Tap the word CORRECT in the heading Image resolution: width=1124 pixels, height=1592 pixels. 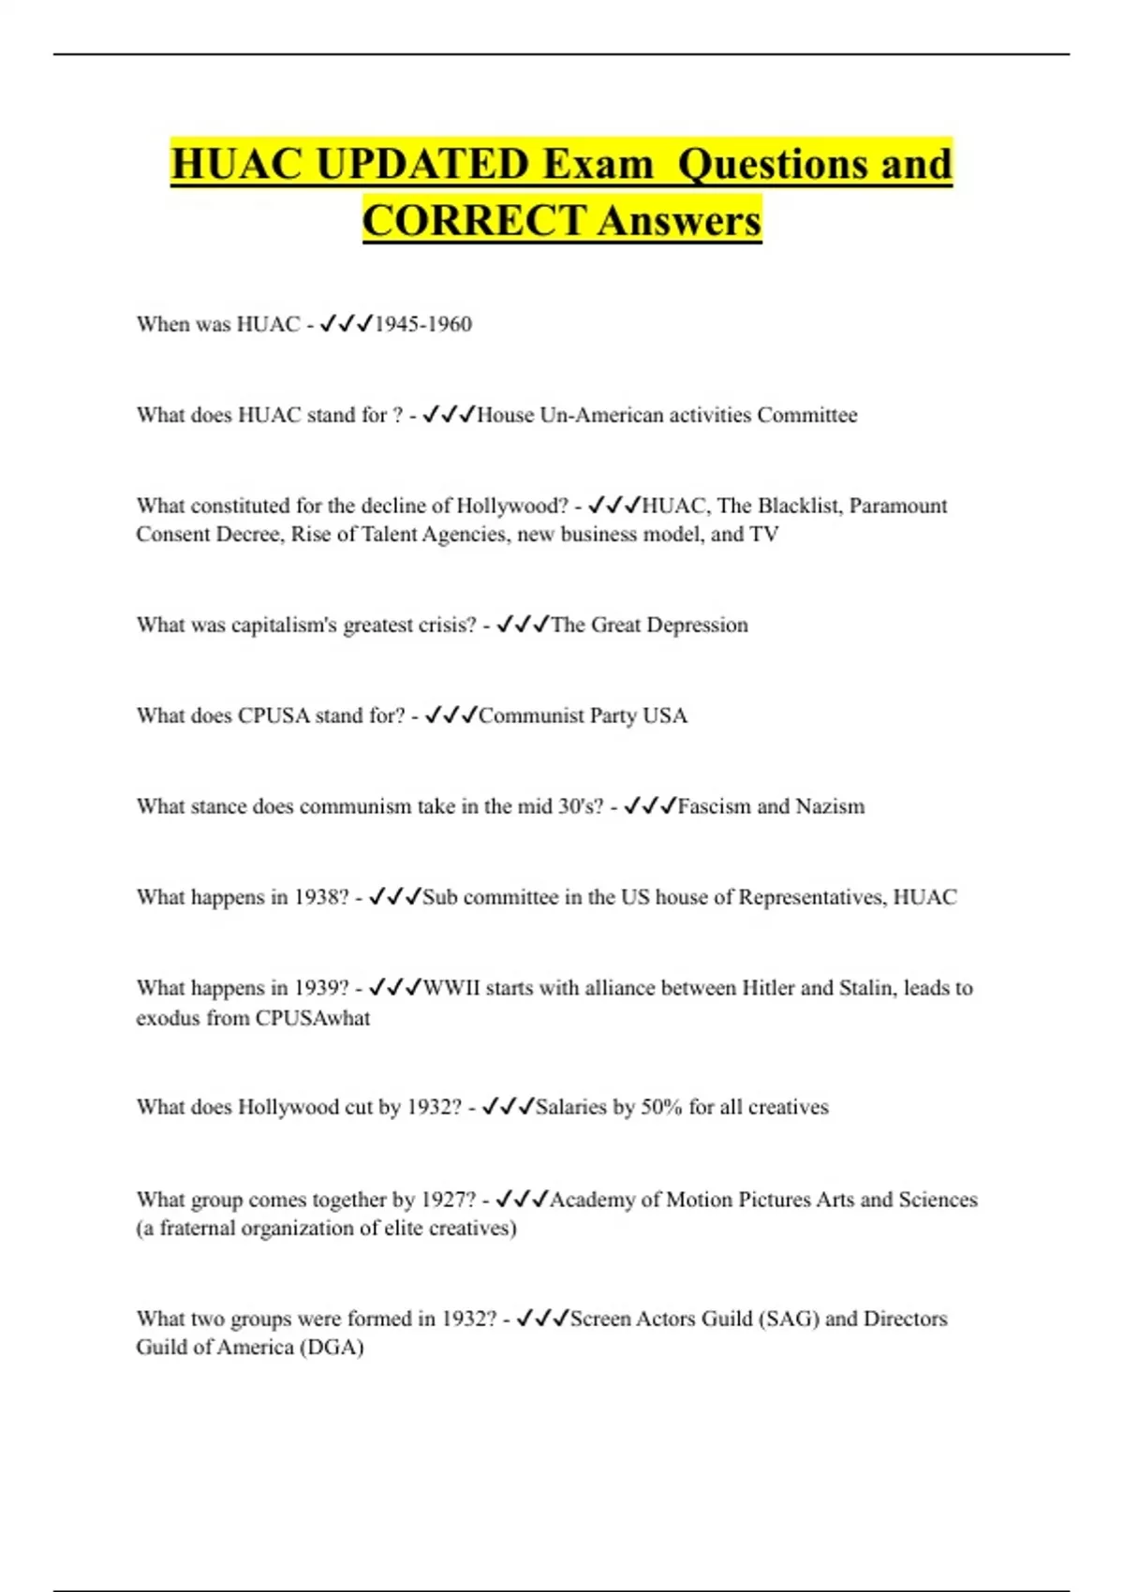(x=474, y=221)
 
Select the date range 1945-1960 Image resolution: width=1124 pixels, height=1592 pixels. (x=423, y=324)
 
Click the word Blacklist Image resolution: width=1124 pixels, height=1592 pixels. (x=799, y=506)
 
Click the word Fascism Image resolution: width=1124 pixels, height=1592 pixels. (x=714, y=806)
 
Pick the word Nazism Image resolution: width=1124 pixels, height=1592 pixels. (x=830, y=806)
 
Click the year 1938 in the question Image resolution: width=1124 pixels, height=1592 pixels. (x=320, y=897)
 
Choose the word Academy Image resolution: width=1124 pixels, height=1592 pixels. (x=591, y=1200)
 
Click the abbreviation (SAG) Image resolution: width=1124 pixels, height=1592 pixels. (x=789, y=1319)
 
